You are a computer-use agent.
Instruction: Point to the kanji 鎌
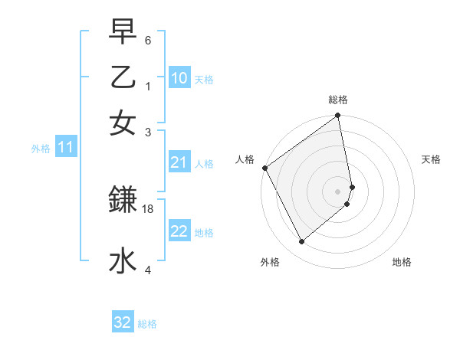[x=123, y=200]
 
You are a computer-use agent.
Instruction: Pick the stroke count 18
[x=149, y=208]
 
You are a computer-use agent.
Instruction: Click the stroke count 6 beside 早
[x=148, y=40]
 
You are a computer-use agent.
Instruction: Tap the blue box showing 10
[x=179, y=77]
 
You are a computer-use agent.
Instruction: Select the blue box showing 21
[x=179, y=162]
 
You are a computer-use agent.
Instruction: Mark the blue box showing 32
[x=123, y=322]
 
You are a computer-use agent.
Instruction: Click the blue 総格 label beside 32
[x=147, y=324]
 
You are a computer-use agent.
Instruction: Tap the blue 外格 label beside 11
[x=41, y=148]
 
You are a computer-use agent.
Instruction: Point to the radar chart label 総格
[x=338, y=100]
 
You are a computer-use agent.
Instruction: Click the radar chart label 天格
[x=431, y=159]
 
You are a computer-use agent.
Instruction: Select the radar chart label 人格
[x=245, y=159]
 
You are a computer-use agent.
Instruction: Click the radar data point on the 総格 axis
[x=338, y=116]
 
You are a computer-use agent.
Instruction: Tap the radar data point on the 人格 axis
[x=264, y=168]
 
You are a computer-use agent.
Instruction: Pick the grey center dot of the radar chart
[x=338, y=191]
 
